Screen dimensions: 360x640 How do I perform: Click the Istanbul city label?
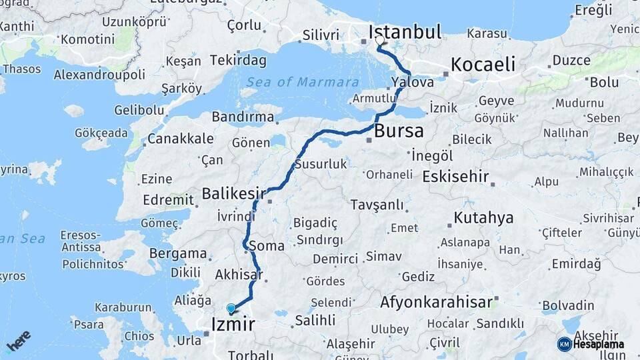pyautogui.click(x=405, y=31)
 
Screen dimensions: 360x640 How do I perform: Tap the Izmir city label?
pyautogui.click(x=233, y=325)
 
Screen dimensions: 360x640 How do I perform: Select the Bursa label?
pyautogui.click(x=399, y=131)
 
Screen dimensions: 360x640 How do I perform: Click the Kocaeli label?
pyautogui.click(x=483, y=65)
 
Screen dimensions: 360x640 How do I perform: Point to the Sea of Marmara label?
pyautogui.click(x=303, y=82)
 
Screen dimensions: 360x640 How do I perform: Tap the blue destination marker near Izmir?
pyautogui.click(x=231, y=309)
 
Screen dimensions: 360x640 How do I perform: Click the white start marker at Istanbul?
pyautogui.click(x=379, y=40)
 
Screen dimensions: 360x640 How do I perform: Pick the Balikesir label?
pyautogui.click(x=229, y=194)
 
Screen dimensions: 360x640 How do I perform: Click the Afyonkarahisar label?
pyautogui.click(x=437, y=302)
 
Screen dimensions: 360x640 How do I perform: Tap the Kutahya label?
pyautogui.click(x=483, y=218)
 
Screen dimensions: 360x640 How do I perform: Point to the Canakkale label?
pyautogui.click(x=180, y=139)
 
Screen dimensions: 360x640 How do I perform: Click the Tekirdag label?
pyautogui.click(x=238, y=61)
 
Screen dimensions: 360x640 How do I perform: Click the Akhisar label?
pyautogui.click(x=237, y=274)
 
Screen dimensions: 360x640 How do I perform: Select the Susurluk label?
pyautogui.click(x=321, y=164)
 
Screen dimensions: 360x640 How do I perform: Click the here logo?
pyautogui.click(x=19, y=340)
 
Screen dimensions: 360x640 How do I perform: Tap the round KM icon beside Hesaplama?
pyautogui.click(x=564, y=344)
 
